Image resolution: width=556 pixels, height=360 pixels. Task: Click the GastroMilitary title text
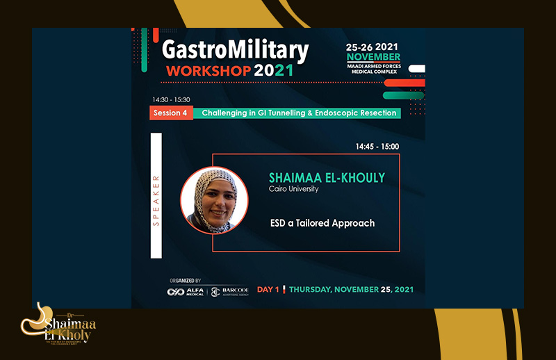[x=235, y=50]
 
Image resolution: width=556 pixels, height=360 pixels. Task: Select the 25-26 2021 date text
[x=374, y=46]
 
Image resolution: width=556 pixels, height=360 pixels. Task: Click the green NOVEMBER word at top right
[x=374, y=56]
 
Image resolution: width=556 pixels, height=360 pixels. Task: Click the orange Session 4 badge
[x=171, y=113]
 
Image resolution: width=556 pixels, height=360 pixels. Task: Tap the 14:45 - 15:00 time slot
[x=377, y=147]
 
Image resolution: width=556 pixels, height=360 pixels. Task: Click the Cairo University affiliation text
[x=294, y=189]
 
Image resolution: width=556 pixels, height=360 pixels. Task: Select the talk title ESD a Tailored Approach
[x=322, y=223]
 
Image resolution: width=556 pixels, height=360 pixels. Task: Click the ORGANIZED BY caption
[x=185, y=280]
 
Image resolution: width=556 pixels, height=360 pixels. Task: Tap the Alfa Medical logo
[x=186, y=292]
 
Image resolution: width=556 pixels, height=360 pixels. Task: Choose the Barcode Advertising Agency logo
[x=229, y=292]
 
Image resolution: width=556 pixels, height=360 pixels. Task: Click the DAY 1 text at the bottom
[x=269, y=289]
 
